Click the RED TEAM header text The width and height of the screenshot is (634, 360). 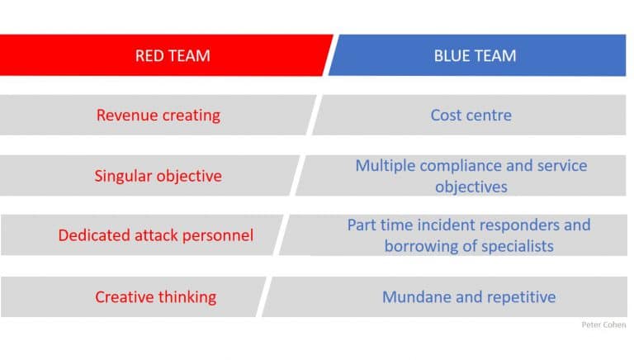tap(173, 55)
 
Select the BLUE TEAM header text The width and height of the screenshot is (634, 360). tap(475, 55)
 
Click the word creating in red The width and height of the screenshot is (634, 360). tap(188, 116)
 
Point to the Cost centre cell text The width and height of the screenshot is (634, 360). tap(471, 116)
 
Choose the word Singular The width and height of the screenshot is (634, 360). tap(123, 176)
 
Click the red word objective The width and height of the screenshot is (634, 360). tap(189, 177)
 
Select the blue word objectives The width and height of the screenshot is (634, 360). tap(471, 187)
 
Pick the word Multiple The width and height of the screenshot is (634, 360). tap(386, 166)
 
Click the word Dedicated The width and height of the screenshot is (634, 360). tap(94, 235)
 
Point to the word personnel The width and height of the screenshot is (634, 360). tap(218, 236)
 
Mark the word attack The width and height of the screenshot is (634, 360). tap(156, 235)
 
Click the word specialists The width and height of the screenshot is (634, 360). tap(518, 246)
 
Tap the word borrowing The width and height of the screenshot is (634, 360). tap(420, 246)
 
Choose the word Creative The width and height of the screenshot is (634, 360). tap(124, 297)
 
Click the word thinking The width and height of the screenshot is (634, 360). tap(187, 297)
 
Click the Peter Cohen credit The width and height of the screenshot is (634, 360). tap(603, 324)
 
